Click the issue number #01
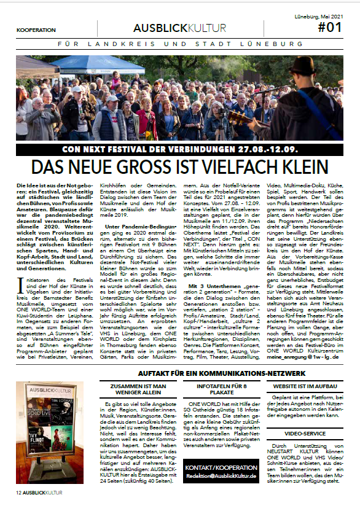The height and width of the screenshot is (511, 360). (x=329, y=28)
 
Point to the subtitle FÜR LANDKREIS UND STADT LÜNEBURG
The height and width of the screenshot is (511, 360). (x=180, y=45)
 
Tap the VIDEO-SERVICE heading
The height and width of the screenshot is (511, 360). (x=296, y=432)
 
